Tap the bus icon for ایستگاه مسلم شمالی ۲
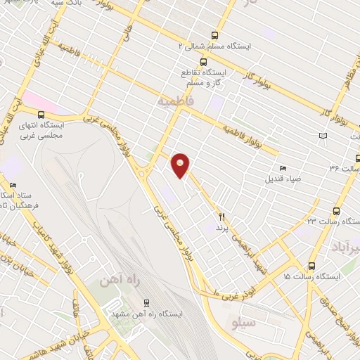(x=214, y=34)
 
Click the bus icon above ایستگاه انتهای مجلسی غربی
(x=41, y=114)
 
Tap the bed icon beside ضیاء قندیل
(x=283, y=167)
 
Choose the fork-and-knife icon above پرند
(x=222, y=217)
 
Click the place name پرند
(x=222, y=229)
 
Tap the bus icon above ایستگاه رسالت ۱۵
(x=311, y=266)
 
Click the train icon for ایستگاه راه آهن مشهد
(x=146, y=303)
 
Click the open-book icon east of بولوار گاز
(x=323, y=135)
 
